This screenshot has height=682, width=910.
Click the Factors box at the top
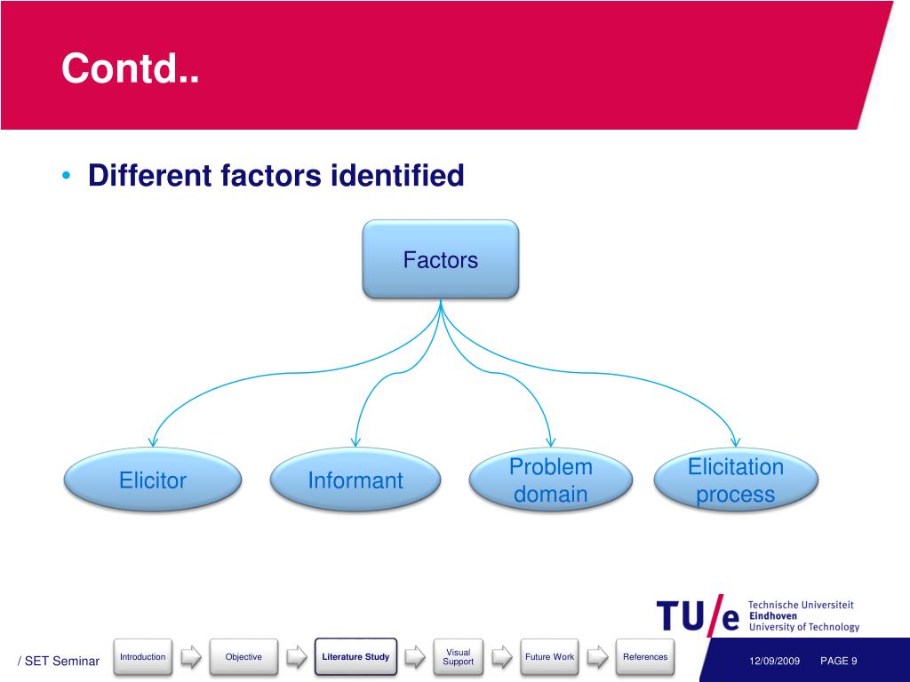pos(440,259)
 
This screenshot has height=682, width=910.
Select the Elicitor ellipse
pos(153,480)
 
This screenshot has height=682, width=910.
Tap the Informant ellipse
pos(355,480)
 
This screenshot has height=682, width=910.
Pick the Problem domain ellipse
pos(551,480)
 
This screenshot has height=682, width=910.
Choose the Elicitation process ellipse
pos(736,480)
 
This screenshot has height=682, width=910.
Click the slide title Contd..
pos(130,68)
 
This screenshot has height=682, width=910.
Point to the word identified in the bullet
pos(397,175)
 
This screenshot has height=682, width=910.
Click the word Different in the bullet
pos(150,175)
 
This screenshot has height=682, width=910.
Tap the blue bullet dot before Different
pos(68,175)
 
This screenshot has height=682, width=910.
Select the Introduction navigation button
pos(142,657)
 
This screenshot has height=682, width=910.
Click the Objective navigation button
pos(243,657)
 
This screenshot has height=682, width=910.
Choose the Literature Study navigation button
pos(355,657)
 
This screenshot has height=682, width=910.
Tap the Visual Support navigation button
pos(458,657)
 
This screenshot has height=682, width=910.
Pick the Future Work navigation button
pos(549,657)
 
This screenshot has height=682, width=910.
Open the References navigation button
pos(645,657)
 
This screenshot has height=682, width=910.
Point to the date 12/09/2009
pos(775,661)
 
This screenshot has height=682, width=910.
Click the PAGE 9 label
pos(838,661)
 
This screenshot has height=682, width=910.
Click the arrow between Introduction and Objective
pos(191,657)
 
